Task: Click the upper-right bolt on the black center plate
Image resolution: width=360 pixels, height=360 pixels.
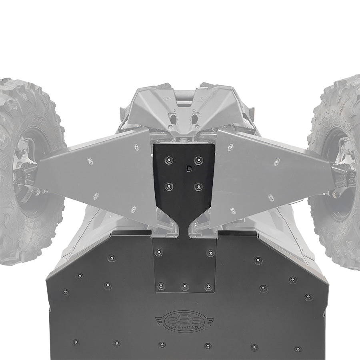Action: click(198, 160)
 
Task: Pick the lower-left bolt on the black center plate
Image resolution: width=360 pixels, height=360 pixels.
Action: click(169, 186)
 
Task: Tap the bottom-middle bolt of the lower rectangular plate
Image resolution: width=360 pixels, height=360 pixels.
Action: click(184, 286)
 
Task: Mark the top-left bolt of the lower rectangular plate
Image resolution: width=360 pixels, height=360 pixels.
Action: click(159, 252)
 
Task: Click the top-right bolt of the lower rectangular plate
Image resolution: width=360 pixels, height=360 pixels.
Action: click(210, 253)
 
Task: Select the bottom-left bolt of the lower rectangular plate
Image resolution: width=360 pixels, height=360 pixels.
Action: click(161, 286)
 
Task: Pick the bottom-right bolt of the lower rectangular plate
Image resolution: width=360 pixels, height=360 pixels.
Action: click(208, 286)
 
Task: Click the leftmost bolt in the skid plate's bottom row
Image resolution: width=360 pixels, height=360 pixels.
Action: click(75, 342)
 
